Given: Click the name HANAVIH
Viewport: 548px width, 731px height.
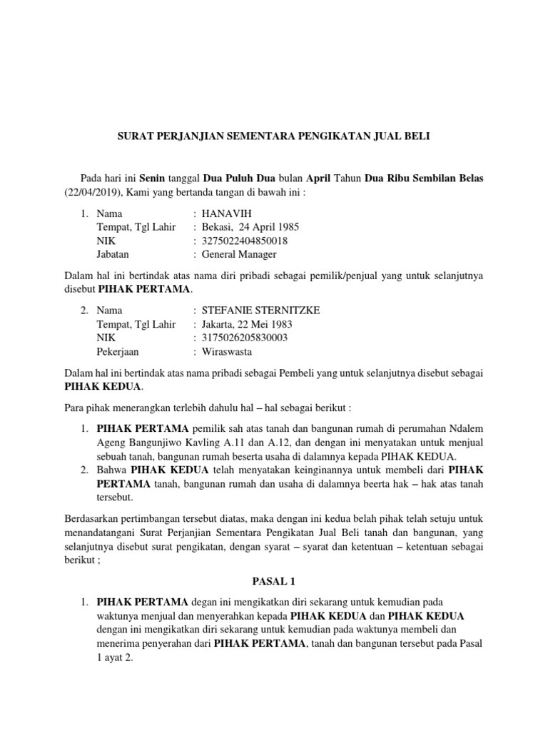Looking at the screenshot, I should pos(226,213).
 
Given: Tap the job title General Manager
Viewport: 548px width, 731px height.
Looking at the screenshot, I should pos(239,254).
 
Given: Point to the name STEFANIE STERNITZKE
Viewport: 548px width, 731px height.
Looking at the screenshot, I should pos(260,311).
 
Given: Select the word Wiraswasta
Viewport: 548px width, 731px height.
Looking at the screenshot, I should pos(227,351).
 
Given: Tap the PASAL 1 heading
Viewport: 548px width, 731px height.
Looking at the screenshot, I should pos(274,583).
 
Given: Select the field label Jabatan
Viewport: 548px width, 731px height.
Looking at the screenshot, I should pos(114,254).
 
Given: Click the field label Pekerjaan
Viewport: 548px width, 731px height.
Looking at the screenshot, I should pos(118,351).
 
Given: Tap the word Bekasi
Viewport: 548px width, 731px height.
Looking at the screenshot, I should pos(217,227).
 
